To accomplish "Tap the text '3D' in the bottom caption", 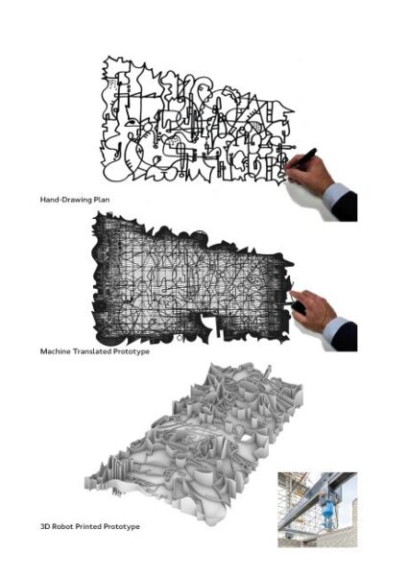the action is click(45, 526).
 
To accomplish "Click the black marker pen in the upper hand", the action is click(301, 158).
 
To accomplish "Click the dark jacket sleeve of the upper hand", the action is click(346, 207).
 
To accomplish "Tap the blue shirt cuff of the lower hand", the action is click(335, 330).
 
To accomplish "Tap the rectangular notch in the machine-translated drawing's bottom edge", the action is click(206, 323).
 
